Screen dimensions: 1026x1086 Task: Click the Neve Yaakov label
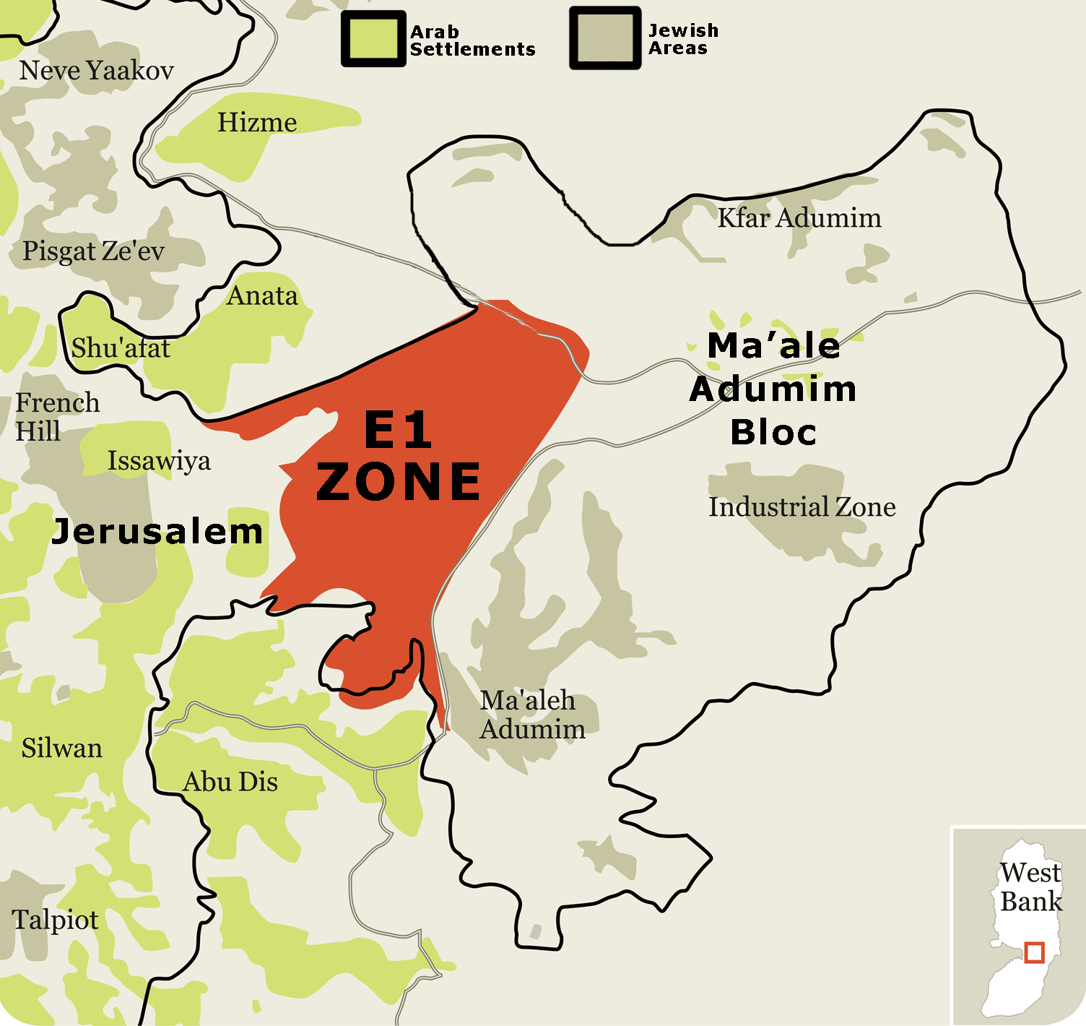(96, 71)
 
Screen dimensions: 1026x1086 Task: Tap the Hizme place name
(257, 123)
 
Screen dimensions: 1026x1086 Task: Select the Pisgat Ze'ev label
(93, 251)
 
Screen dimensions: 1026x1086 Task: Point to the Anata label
(262, 296)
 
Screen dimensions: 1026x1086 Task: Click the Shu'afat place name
(121, 348)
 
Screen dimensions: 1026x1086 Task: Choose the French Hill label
(57, 417)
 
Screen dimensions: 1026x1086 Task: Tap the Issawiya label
(159, 461)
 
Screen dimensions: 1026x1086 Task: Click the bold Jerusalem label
(157, 532)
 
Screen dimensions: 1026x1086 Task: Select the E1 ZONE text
(399, 456)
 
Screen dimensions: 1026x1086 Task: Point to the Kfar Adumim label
(799, 218)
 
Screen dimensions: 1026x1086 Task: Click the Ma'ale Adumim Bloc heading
(773, 389)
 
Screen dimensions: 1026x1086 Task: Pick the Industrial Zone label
(802, 507)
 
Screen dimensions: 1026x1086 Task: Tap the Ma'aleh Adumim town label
(532, 715)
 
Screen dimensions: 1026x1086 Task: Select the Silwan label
(61, 749)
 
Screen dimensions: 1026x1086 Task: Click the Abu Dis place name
(230, 783)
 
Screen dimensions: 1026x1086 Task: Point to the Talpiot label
(55, 920)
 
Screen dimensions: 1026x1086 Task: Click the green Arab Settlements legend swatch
(373, 39)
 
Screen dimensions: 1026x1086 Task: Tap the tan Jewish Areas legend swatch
(605, 38)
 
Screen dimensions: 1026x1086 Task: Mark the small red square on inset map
(1034, 952)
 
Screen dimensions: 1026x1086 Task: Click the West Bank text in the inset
(1030, 887)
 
